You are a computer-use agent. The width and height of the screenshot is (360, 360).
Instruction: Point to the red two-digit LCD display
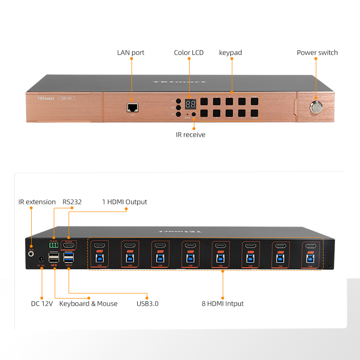click(190, 104)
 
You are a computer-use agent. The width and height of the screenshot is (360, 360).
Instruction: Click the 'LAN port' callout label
click(131, 52)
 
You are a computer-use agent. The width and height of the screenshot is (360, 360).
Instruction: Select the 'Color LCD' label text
click(189, 52)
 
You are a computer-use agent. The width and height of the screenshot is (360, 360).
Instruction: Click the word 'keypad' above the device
click(230, 52)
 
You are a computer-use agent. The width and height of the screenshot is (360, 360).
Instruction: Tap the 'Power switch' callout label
click(317, 52)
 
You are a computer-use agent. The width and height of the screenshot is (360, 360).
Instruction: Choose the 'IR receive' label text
click(191, 135)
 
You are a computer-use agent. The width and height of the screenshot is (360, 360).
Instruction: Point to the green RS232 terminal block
click(53, 245)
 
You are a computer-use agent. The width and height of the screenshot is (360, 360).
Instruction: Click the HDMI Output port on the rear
click(69, 245)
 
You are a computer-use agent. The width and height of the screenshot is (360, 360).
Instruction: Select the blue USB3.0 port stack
click(68, 256)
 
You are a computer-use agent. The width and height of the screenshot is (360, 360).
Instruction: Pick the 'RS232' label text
click(72, 202)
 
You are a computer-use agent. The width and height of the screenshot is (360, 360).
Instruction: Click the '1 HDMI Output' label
click(124, 202)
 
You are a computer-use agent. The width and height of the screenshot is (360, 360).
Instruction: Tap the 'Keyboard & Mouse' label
click(88, 303)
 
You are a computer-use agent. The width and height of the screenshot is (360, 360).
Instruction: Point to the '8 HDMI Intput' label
click(222, 303)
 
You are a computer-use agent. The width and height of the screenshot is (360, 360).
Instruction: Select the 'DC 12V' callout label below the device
click(42, 303)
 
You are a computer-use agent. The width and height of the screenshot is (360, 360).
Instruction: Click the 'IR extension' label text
click(37, 202)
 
